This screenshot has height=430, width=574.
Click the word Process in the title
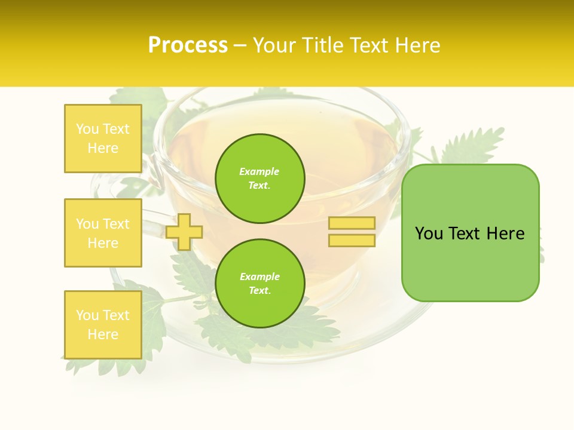point(188,45)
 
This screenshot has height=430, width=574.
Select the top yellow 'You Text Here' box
point(103,139)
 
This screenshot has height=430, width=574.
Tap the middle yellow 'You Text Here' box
point(103,233)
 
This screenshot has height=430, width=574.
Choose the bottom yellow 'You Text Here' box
point(103,325)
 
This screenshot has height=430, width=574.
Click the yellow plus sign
point(184,232)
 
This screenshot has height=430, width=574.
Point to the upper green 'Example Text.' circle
point(260,179)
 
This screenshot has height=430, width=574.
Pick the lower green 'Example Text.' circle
point(260,284)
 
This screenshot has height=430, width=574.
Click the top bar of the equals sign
point(352,223)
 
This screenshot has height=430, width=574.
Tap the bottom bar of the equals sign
point(352,241)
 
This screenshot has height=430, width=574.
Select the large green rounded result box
point(470,233)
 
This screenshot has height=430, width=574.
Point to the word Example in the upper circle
point(259,172)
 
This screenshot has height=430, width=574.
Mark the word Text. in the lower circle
point(259,291)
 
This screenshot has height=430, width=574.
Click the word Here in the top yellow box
point(103,148)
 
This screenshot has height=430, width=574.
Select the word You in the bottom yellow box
point(87,315)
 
